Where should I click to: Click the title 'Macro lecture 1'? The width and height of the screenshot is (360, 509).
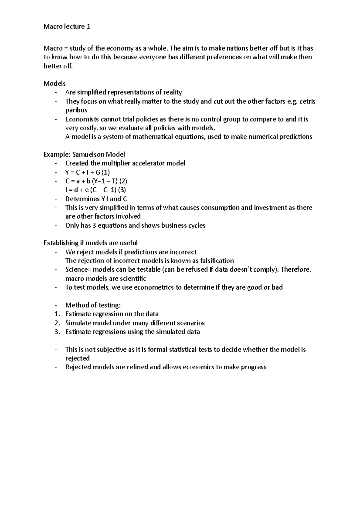coord(67,27)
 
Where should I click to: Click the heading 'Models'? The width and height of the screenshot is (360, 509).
coord(54,83)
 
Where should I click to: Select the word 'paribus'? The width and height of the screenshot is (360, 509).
coord(76,110)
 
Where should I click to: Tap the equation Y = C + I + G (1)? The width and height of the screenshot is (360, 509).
coord(88,172)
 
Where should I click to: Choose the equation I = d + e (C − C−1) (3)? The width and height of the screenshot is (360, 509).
coord(95,190)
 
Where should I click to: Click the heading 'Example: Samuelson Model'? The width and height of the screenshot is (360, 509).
coord(84,155)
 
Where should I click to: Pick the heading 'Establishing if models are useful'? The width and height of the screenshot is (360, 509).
coord(90,243)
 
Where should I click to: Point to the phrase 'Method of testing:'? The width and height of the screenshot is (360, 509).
coord(93,305)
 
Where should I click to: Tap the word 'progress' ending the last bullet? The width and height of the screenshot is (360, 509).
coord(253,367)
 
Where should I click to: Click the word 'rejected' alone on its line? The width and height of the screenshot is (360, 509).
coord(77,359)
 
